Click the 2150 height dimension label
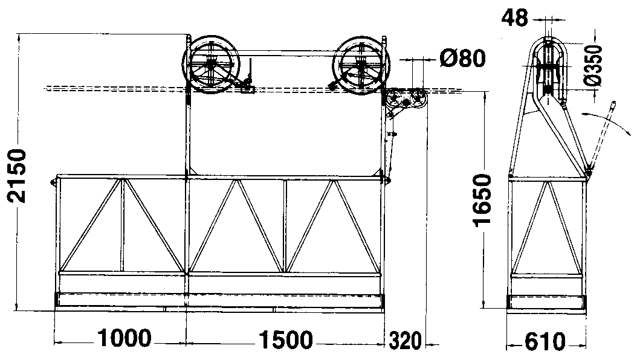(17, 176)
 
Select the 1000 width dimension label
(124, 338)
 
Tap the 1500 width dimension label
(286, 339)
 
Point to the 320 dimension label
(405, 341)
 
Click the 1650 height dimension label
(482, 200)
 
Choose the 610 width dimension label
(545, 342)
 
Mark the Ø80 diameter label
(463, 58)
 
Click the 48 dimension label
(515, 18)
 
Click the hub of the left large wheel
(211, 63)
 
